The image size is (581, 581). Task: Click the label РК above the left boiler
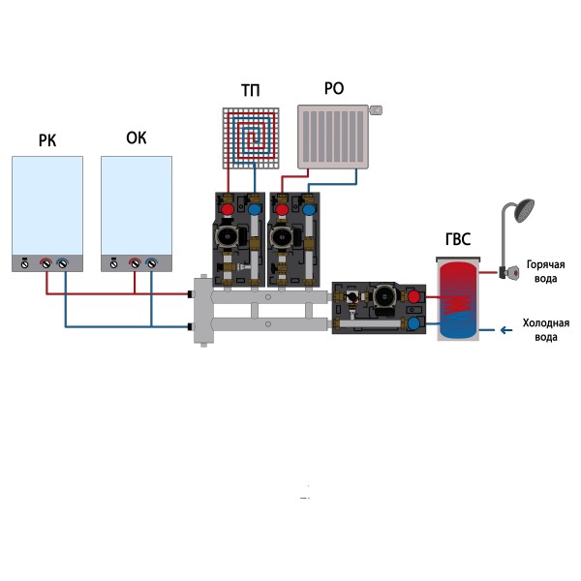click(46, 141)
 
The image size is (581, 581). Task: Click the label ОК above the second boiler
click(137, 138)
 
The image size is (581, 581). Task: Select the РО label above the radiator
click(333, 89)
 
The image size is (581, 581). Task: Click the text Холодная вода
click(546, 330)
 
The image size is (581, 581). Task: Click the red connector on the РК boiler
click(46, 262)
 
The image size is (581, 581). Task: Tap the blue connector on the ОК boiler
click(152, 262)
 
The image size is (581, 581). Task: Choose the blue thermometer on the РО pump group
click(307, 208)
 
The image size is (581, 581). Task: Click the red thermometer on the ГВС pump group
click(414, 295)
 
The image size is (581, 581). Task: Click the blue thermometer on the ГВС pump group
click(414, 321)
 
